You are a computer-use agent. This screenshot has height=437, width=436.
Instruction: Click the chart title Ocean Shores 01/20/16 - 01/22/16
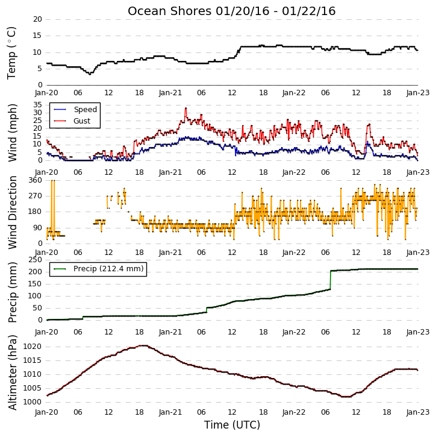click(x=232, y=11)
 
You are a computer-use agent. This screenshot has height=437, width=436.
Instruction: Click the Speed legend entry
click(x=75, y=110)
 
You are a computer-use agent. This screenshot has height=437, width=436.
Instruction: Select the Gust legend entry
click(x=72, y=121)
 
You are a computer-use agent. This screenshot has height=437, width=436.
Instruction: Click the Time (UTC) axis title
click(x=232, y=425)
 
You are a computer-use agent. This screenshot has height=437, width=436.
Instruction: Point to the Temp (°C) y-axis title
click(x=11, y=53)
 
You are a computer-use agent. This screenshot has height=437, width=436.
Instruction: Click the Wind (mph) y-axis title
click(x=13, y=133)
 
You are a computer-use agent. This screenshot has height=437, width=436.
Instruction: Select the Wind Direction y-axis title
click(x=13, y=212)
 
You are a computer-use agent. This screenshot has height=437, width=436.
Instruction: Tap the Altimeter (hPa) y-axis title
click(x=13, y=373)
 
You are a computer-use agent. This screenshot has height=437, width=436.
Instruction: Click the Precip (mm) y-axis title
click(x=13, y=292)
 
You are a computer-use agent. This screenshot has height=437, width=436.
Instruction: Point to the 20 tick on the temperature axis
click(x=37, y=19)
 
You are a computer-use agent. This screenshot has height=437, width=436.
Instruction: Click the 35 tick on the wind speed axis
click(x=37, y=105)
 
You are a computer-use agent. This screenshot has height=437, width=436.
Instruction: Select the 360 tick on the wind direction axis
click(x=36, y=180)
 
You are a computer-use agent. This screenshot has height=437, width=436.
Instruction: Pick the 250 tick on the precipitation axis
click(x=36, y=259)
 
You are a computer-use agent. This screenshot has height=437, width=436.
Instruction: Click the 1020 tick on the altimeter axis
click(x=32, y=347)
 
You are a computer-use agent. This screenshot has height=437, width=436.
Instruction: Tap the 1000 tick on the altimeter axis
click(x=32, y=402)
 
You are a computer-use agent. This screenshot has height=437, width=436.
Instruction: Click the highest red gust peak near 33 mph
click(x=185, y=108)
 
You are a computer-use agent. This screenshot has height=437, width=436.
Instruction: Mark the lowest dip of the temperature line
click(x=90, y=74)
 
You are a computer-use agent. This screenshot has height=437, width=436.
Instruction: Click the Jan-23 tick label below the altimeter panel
click(x=417, y=412)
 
